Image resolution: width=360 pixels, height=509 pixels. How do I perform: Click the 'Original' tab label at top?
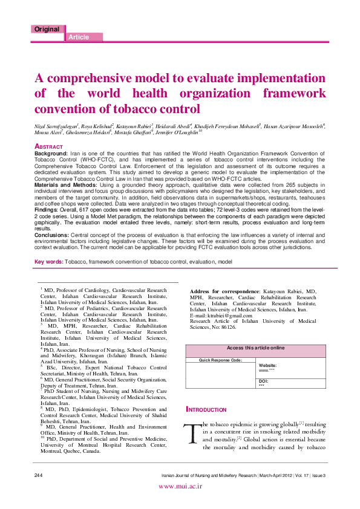click(x=47, y=29)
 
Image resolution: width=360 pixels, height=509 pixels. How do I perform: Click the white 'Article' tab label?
click(x=79, y=37)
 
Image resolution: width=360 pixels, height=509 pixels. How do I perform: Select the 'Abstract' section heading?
click(x=49, y=147)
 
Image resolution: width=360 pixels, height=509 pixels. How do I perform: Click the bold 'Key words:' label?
click(x=49, y=261)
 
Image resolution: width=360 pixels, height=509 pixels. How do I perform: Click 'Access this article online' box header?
click(x=255, y=348)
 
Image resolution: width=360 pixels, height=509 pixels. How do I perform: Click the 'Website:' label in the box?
click(x=268, y=366)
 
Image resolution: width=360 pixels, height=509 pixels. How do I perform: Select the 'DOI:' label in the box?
click(x=263, y=381)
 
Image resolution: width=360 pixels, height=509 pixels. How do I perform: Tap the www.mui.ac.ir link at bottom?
click(x=180, y=502)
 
